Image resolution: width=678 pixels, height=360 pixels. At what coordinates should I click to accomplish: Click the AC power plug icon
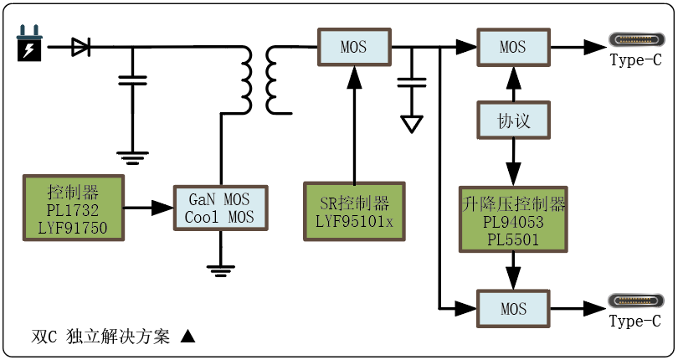[x=29, y=46]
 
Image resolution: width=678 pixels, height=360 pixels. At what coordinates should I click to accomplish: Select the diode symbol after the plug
[x=80, y=47]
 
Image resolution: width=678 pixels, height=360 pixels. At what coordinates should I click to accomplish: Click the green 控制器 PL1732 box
[x=73, y=208]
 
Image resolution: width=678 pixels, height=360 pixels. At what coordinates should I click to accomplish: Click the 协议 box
[x=513, y=121]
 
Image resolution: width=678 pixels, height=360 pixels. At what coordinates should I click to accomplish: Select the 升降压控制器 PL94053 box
[x=513, y=219]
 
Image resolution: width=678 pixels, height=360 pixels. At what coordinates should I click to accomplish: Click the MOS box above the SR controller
[x=353, y=47]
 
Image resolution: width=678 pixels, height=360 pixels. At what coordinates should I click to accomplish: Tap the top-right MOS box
[x=513, y=47]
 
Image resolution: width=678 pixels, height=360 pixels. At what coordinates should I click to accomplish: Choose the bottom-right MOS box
[x=513, y=309]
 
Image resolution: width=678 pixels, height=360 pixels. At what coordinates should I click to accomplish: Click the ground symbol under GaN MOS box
[x=219, y=268]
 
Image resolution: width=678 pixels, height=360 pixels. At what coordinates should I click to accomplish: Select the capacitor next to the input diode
[x=132, y=80]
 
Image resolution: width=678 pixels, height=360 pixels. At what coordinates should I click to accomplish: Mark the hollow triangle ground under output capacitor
[x=411, y=124]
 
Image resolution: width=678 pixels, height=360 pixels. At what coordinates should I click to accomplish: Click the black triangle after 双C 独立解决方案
[x=187, y=337]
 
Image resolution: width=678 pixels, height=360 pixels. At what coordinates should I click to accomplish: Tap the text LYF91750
[x=73, y=227]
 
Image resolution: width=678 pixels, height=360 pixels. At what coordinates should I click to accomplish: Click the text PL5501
[x=513, y=239]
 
